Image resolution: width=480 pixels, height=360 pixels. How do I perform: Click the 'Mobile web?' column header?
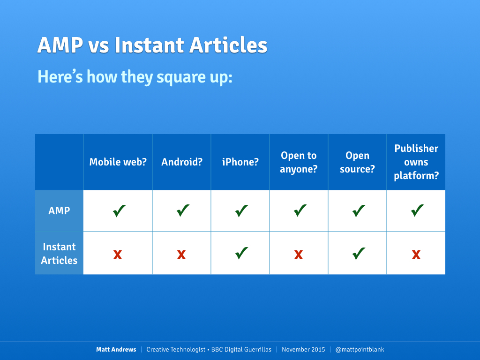(x=118, y=162)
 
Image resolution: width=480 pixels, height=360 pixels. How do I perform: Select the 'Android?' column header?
(x=182, y=162)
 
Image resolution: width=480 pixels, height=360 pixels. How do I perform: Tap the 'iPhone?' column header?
(x=240, y=162)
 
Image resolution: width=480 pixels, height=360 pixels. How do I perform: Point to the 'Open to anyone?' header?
(x=299, y=162)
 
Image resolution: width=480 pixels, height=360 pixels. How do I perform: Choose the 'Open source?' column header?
(x=357, y=162)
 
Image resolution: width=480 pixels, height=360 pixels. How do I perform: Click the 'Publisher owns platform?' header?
(x=416, y=162)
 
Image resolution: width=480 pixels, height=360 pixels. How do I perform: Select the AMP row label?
(x=59, y=210)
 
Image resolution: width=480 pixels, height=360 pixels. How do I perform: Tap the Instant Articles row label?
(x=59, y=254)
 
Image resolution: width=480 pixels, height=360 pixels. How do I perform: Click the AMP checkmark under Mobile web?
(x=119, y=210)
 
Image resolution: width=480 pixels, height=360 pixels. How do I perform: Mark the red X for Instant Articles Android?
(x=181, y=255)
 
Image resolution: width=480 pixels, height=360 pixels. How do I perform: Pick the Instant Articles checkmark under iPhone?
(x=241, y=253)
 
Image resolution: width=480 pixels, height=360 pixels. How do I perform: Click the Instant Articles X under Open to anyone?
(x=299, y=255)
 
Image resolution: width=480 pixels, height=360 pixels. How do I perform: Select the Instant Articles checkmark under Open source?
(x=359, y=253)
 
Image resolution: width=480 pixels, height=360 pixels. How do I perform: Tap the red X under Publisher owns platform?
(x=416, y=255)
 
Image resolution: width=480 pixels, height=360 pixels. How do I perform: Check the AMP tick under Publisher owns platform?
(x=417, y=210)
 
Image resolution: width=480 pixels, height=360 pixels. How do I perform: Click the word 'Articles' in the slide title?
(x=228, y=45)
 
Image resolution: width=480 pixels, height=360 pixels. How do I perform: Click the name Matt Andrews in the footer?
(x=116, y=349)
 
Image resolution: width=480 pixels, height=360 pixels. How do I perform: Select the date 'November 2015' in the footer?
(x=303, y=349)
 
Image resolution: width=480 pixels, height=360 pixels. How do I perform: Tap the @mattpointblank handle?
(x=360, y=350)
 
